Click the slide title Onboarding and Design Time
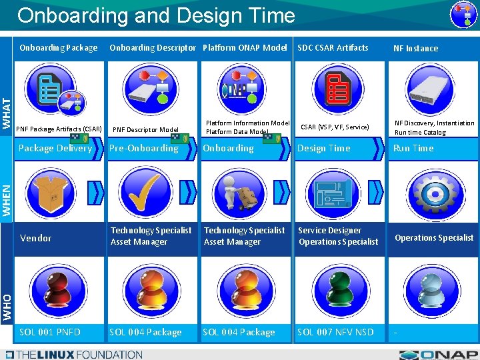click(156, 15)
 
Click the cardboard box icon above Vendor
click(53, 191)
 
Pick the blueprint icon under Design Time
click(339, 191)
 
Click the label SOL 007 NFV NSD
click(335, 332)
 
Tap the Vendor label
click(36, 238)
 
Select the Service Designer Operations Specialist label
click(338, 236)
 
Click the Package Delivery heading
click(55, 148)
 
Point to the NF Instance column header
click(415, 48)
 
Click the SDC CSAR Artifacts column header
click(333, 47)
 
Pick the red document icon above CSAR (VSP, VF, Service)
click(339, 91)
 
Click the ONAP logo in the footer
click(439, 354)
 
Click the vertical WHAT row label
click(7, 113)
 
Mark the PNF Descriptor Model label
click(146, 130)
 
